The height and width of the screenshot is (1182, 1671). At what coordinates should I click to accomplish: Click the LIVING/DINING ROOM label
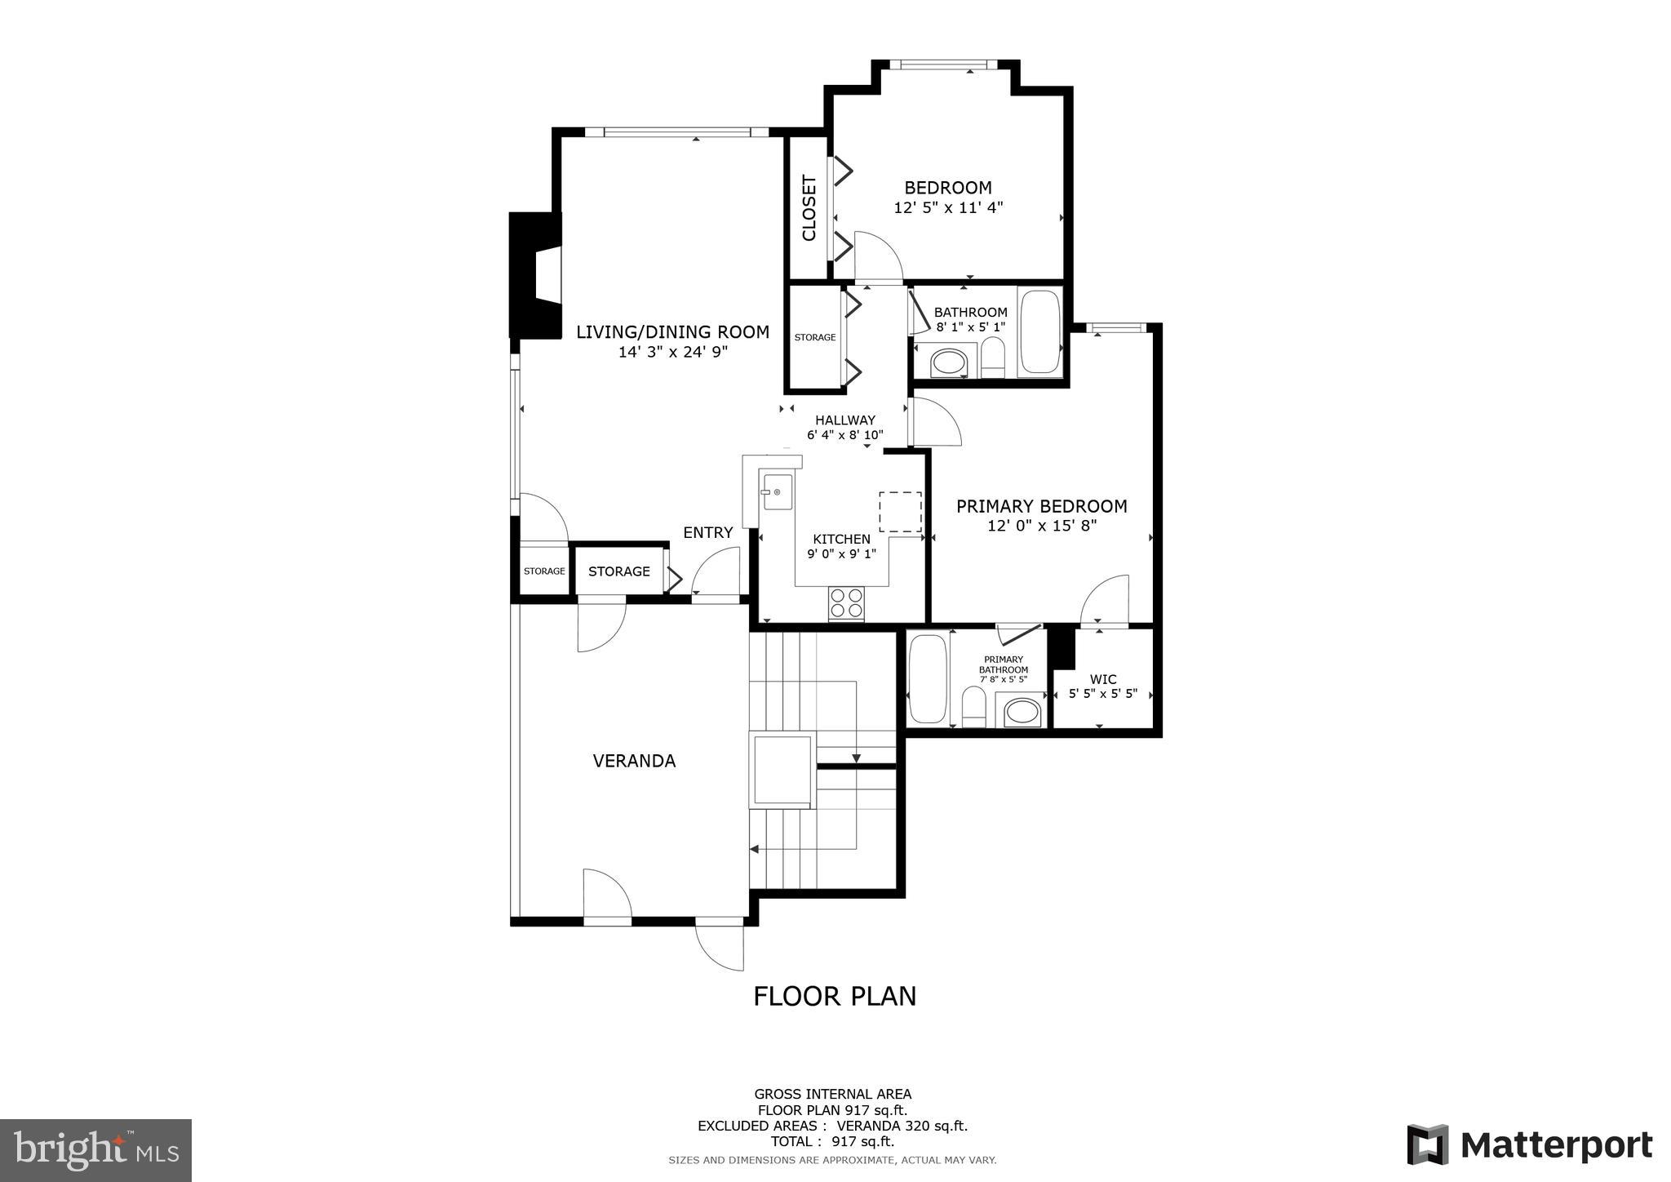point(672,332)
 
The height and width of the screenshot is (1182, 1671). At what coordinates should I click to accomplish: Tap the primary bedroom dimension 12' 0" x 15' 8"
point(1041,526)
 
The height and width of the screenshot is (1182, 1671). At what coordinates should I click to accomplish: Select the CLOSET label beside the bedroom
point(809,208)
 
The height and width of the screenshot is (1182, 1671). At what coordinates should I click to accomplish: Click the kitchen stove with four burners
point(846,603)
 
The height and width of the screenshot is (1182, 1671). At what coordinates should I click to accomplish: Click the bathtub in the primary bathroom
point(928,679)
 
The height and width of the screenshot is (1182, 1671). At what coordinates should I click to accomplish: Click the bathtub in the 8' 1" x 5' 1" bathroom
point(1039,332)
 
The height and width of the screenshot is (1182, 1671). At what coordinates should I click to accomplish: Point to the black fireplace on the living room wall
point(534,275)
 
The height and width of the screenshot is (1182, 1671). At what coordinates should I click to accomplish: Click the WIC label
point(1103,679)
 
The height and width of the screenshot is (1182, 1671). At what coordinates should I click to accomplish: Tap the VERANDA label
point(634,761)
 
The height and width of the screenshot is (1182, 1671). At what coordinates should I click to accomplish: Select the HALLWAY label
point(844,420)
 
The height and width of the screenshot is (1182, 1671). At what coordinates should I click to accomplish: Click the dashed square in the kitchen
point(900,512)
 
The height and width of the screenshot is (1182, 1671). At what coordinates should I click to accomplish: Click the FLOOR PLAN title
point(834,997)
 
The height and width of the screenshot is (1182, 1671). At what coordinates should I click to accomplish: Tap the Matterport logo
point(1529,1145)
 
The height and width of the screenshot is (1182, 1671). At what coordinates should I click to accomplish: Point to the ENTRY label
point(707,532)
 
